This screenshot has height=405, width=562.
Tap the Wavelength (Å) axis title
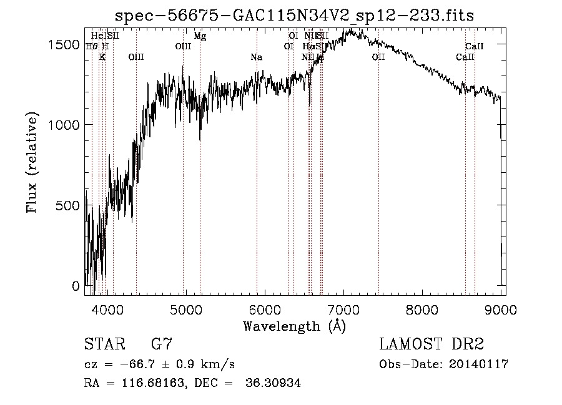294,326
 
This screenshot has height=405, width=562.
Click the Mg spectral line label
200,36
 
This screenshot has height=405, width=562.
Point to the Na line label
256,57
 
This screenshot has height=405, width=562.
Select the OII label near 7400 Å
378,57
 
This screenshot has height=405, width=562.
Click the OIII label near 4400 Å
136,57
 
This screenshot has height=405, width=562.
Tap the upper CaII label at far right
475,46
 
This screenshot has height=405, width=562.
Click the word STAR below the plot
104,344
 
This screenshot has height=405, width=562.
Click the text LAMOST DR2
431,344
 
